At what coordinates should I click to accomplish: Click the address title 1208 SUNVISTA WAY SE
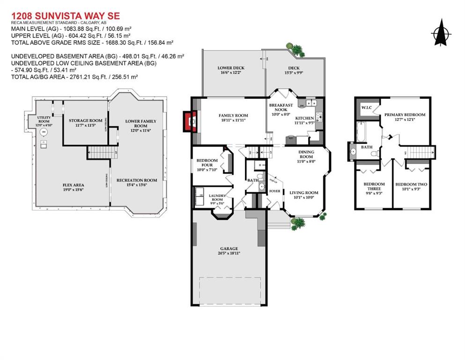click(66, 16)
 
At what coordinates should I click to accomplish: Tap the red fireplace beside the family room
click(190, 122)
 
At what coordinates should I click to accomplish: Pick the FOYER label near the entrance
click(274, 191)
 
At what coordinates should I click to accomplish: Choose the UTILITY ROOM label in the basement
click(44, 121)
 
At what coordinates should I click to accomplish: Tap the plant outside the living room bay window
click(298, 224)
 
